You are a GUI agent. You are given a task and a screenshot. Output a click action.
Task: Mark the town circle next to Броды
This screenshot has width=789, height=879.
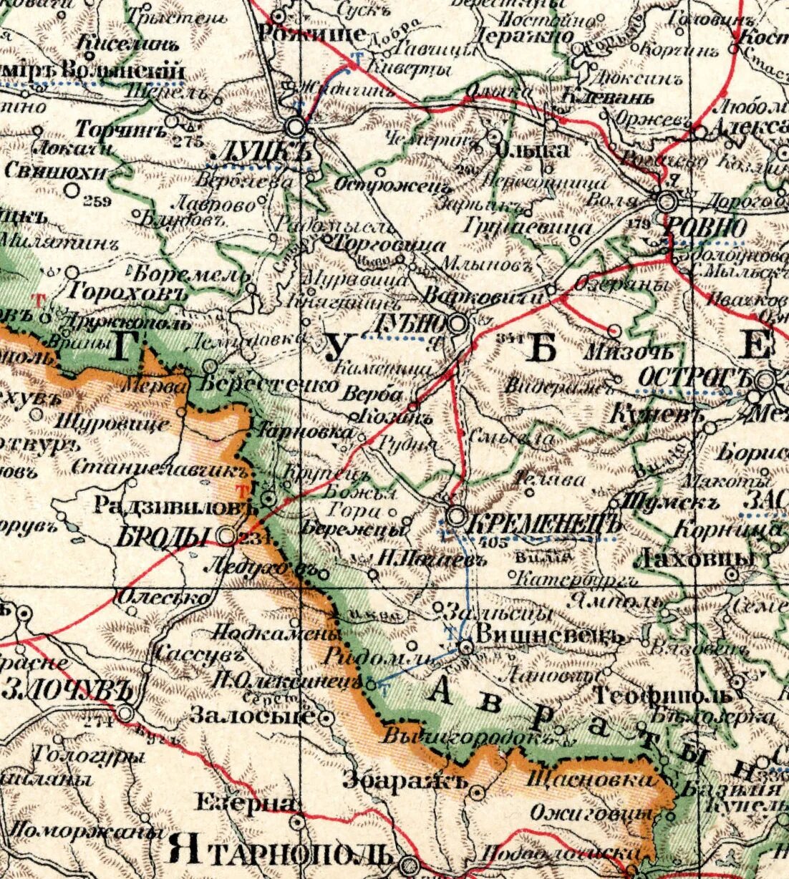click(x=227, y=535)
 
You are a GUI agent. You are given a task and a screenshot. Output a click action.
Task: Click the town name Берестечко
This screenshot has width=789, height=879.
click(x=268, y=384)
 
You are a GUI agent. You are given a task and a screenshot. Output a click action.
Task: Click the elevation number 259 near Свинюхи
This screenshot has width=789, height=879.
click(x=97, y=201)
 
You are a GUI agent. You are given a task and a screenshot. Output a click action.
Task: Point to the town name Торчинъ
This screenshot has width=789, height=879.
click(x=121, y=130)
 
